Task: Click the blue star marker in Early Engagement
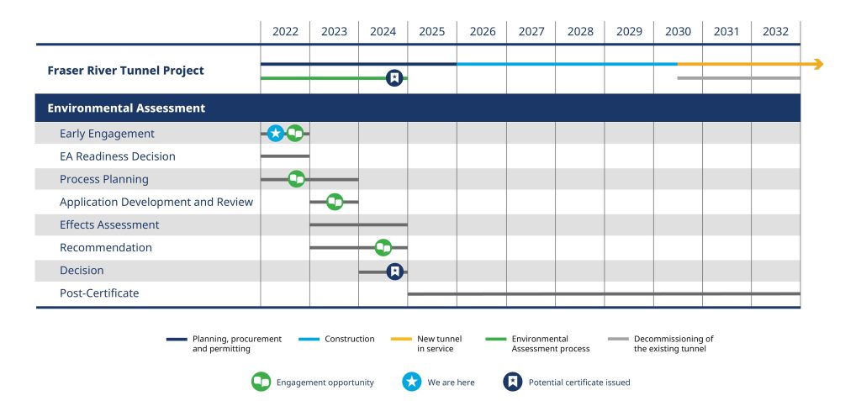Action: (276, 133)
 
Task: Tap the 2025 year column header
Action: (431, 32)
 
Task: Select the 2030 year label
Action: (678, 32)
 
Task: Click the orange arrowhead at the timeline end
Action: (817, 64)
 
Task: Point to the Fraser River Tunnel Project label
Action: (125, 71)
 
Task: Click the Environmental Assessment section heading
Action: (126, 108)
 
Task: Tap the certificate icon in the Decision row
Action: (394, 271)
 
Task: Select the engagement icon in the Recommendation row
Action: (383, 247)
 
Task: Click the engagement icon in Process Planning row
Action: (296, 178)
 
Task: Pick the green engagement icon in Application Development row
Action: (335, 202)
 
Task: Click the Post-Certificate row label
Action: (99, 293)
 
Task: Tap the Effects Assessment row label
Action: (109, 224)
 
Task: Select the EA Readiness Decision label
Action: (118, 156)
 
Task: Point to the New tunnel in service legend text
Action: (439, 343)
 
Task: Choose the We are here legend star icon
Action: (411, 382)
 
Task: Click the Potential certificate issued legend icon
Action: (512, 382)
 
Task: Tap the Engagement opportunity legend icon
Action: (261, 382)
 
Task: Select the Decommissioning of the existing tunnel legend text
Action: (673, 343)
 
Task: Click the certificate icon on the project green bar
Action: (394, 78)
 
